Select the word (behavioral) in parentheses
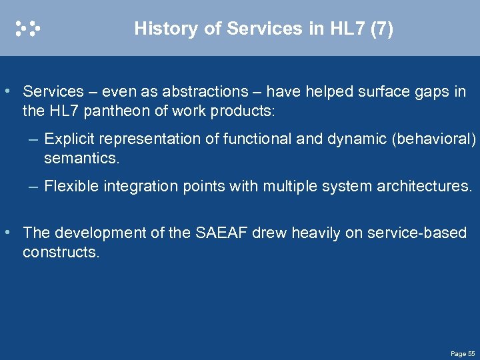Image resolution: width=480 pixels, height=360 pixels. [435, 139]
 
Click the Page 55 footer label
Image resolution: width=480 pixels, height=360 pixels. [462, 353]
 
